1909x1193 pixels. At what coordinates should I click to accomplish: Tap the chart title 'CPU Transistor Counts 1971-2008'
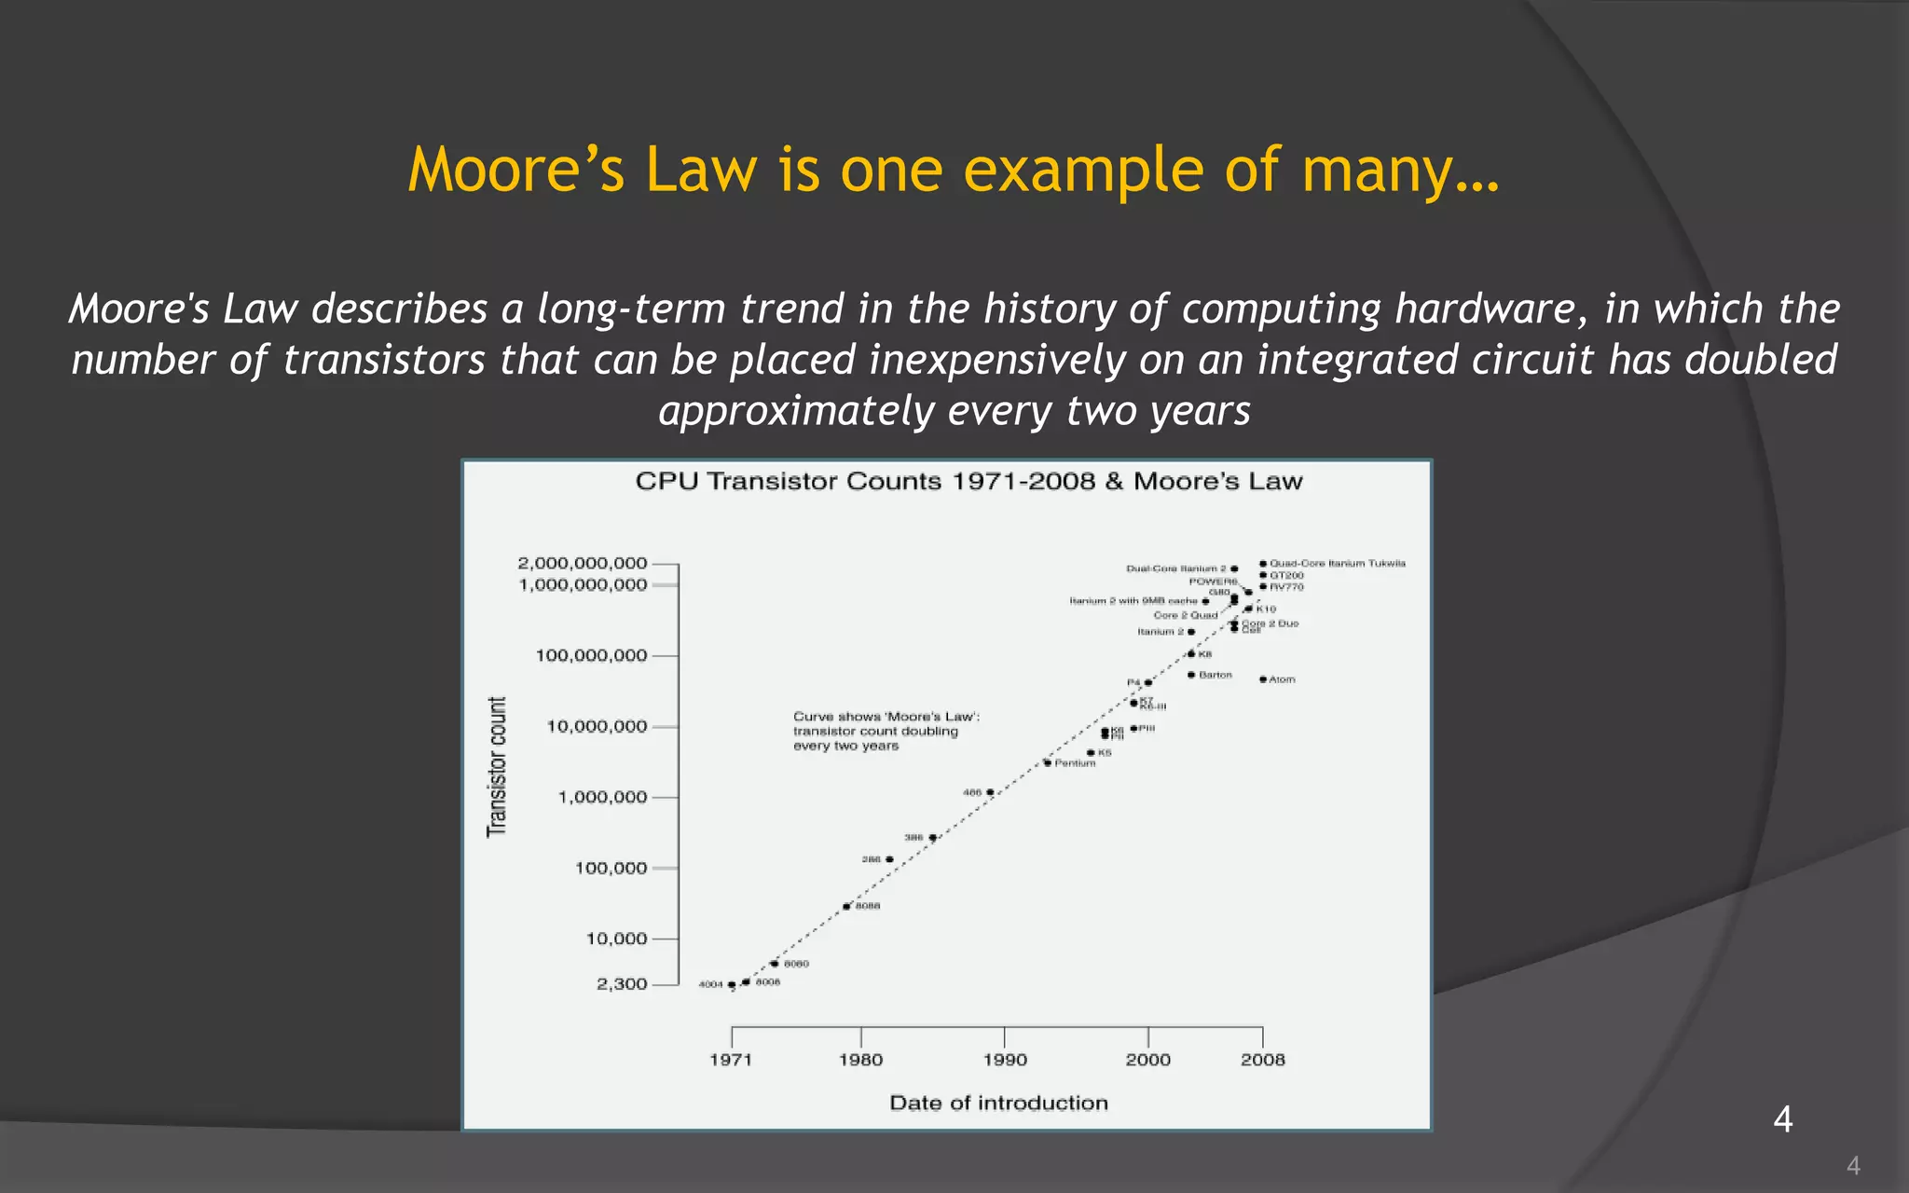968,481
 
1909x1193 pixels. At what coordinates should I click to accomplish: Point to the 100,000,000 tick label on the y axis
591,655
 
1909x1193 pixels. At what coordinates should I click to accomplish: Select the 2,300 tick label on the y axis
622,984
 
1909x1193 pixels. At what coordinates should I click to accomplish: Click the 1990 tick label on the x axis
1005,1060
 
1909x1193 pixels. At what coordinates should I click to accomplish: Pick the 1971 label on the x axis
731,1060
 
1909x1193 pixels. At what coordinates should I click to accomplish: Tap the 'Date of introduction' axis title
998,1104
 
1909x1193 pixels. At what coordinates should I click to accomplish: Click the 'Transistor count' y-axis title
498,766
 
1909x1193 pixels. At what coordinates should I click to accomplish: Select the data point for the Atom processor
1263,679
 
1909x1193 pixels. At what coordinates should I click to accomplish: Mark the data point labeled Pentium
1048,763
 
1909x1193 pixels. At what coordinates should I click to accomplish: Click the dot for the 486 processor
990,792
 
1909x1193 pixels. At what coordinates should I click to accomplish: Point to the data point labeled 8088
846,906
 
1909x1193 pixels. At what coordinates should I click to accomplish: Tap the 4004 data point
732,984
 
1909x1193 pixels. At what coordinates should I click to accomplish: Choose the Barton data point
1191,675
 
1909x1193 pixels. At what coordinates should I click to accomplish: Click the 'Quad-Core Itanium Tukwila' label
1338,563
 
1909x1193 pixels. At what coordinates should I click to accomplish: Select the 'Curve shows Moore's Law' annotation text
886,731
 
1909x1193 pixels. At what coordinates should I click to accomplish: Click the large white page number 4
1782,1118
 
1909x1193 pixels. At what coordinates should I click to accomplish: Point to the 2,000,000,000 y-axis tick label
582,563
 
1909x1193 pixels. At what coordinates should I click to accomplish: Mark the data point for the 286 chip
889,859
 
